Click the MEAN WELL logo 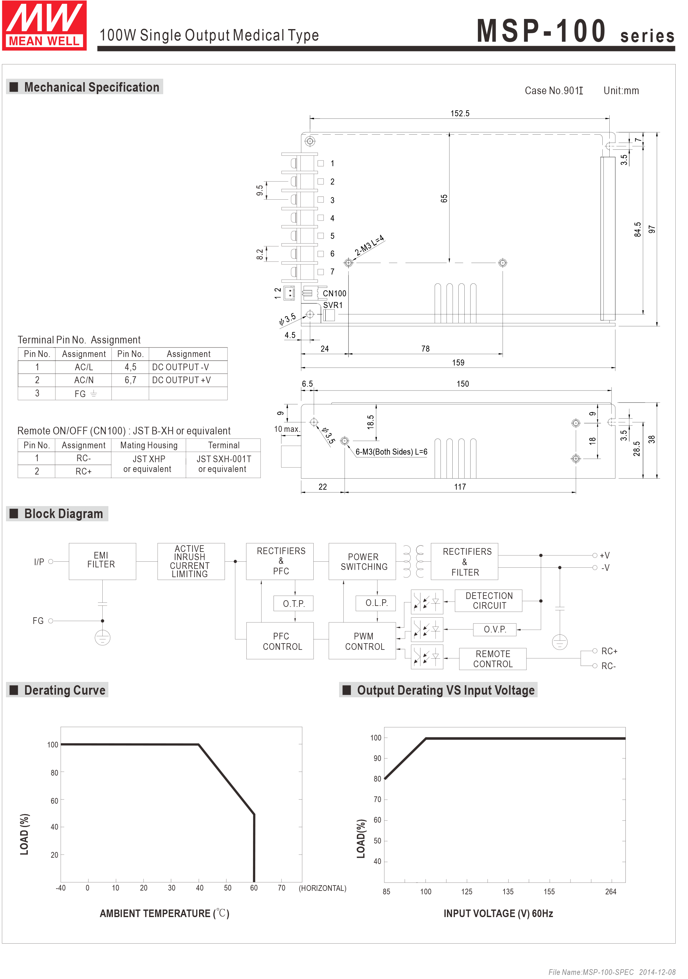coord(44,26)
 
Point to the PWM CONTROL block coord(364,641)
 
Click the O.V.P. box coord(494,629)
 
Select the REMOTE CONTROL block coord(493,659)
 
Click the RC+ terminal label coord(609,651)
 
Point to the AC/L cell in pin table coord(83,367)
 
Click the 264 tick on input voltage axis coord(610,891)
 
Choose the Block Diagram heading coord(63,514)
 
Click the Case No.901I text coord(553,91)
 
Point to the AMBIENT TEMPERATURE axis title coord(164,913)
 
